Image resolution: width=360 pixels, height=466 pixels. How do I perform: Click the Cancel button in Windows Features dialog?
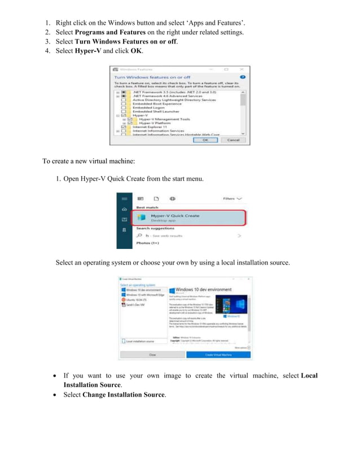click(232, 140)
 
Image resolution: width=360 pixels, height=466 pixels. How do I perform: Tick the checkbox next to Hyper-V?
click(130, 115)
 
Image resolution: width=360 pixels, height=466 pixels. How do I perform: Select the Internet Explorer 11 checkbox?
click(124, 127)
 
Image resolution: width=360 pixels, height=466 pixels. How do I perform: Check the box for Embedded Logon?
click(124, 107)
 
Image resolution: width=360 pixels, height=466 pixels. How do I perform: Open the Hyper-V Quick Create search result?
click(175, 218)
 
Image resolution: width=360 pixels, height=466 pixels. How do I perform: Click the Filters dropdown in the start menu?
click(232, 199)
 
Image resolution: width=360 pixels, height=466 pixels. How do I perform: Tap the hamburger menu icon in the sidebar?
click(124, 199)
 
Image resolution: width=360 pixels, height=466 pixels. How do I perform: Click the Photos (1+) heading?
click(147, 243)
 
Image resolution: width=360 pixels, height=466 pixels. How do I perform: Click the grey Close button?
click(152, 354)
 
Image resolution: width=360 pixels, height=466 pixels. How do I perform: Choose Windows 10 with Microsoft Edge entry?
click(145, 294)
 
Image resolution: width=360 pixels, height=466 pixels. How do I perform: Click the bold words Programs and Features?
click(111, 32)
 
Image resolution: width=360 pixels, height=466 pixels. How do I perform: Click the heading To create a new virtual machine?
click(89, 161)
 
